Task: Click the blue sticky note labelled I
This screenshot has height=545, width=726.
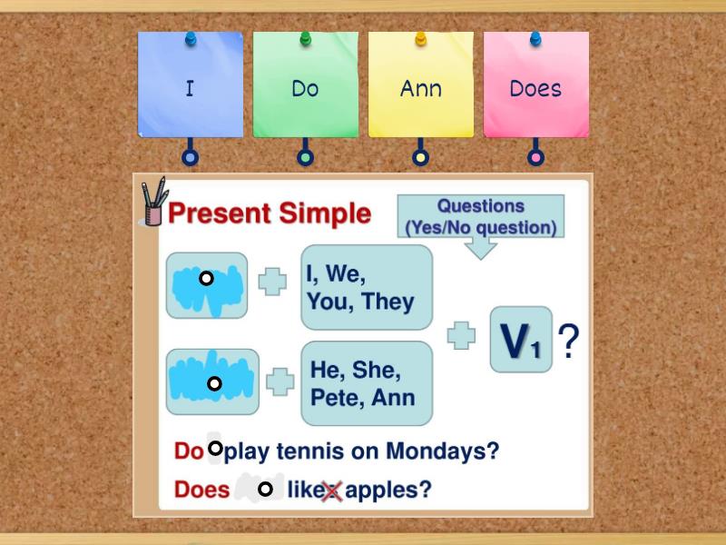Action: coord(190,88)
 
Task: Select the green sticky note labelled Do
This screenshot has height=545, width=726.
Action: coord(305,88)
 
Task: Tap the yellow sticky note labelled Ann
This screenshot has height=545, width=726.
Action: coord(420,88)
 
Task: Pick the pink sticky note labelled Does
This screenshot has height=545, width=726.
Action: coord(535,88)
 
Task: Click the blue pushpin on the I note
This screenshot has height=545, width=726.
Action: coord(191,39)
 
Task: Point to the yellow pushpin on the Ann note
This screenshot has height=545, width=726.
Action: coord(420,39)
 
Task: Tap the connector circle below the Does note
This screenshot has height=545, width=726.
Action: coord(536,158)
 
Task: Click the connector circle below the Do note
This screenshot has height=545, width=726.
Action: coord(305,158)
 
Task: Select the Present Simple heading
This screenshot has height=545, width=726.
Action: coord(270,213)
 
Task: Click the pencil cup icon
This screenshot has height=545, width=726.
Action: coord(152,203)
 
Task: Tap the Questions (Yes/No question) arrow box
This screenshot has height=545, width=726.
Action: coord(480,219)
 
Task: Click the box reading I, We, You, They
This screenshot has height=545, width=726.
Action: coord(366,287)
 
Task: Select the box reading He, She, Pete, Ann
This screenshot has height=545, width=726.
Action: coord(366,383)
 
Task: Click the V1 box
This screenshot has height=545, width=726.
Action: coord(521,340)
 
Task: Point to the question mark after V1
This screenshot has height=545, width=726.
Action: coord(568,342)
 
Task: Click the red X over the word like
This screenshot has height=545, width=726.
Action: coord(331,491)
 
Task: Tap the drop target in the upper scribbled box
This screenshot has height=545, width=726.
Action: coord(207,279)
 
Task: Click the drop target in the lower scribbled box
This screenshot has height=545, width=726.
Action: coord(214,383)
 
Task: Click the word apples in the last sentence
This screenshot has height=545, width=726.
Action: coord(388,490)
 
